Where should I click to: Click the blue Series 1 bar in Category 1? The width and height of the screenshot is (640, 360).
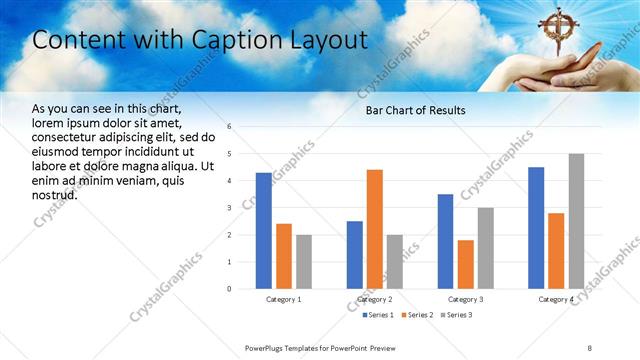263,231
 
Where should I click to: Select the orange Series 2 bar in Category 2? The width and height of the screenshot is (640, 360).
375,229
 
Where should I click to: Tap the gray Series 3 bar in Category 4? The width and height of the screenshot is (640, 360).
576,221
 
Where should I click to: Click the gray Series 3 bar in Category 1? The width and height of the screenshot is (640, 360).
304,262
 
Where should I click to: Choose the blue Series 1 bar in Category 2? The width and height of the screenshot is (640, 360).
355,255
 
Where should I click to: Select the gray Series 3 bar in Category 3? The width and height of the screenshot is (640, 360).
486,248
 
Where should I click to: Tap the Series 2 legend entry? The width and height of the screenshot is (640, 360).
417,315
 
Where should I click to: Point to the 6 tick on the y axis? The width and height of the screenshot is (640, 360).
230,127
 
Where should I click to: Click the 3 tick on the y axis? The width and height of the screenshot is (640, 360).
230,208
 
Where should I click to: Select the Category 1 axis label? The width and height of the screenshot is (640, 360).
284,299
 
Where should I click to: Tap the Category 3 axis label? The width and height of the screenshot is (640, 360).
466,299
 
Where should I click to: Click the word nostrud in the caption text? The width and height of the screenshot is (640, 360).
54,194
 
